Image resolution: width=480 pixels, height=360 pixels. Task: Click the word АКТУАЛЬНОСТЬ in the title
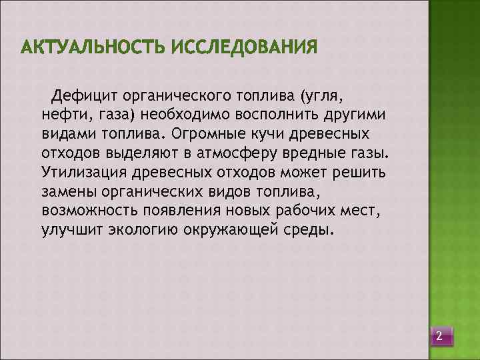pyautogui.click(x=93, y=48)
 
